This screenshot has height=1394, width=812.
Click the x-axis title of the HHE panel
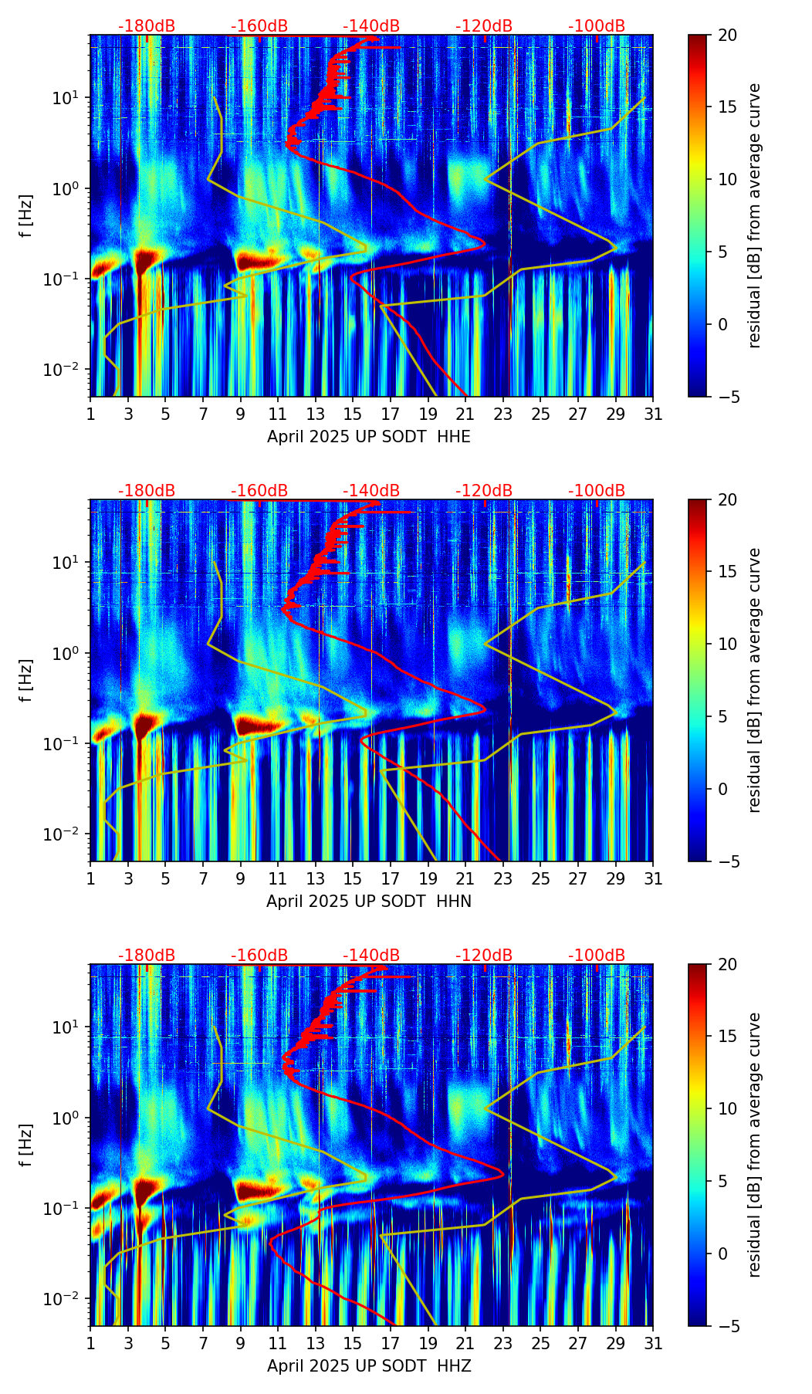369,437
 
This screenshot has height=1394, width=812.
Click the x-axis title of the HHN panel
369,902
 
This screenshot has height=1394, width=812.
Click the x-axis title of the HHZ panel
369,1366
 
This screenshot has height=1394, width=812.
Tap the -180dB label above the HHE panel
147,26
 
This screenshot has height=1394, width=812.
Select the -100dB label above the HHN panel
597,491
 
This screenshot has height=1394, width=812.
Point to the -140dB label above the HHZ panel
371,956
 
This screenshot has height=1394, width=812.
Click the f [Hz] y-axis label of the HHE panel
26,216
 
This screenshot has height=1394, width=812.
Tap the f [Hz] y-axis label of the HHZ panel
26,1145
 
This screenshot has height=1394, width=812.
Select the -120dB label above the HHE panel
484,26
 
